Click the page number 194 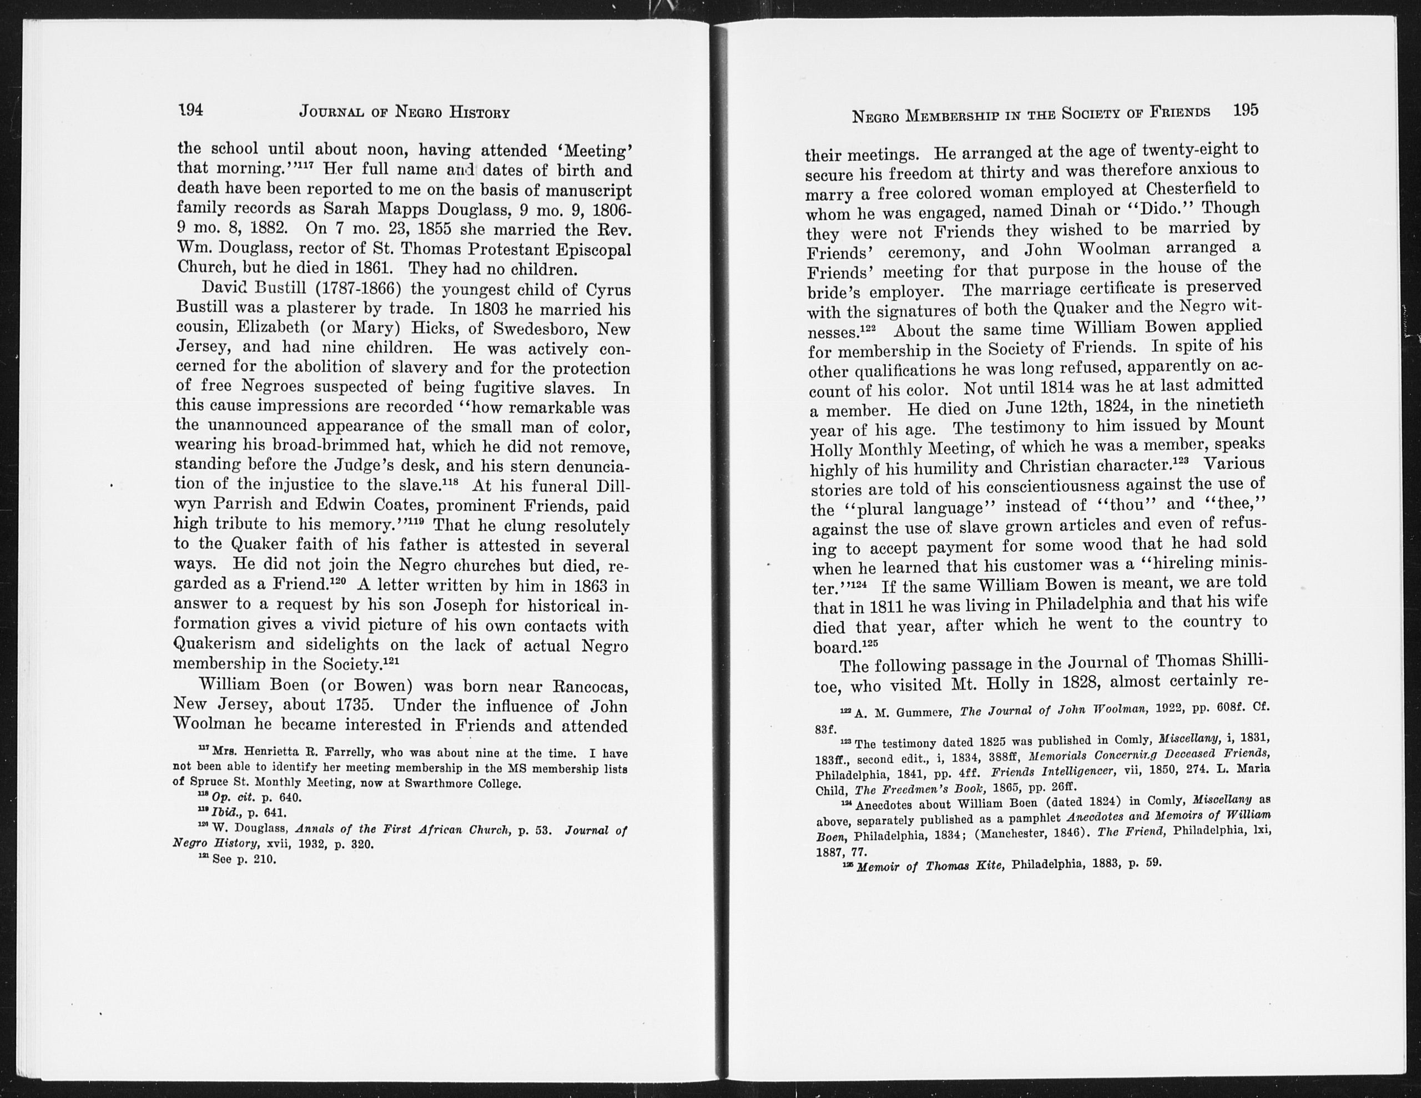[x=190, y=110]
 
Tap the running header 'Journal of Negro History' [x=404, y=112]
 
